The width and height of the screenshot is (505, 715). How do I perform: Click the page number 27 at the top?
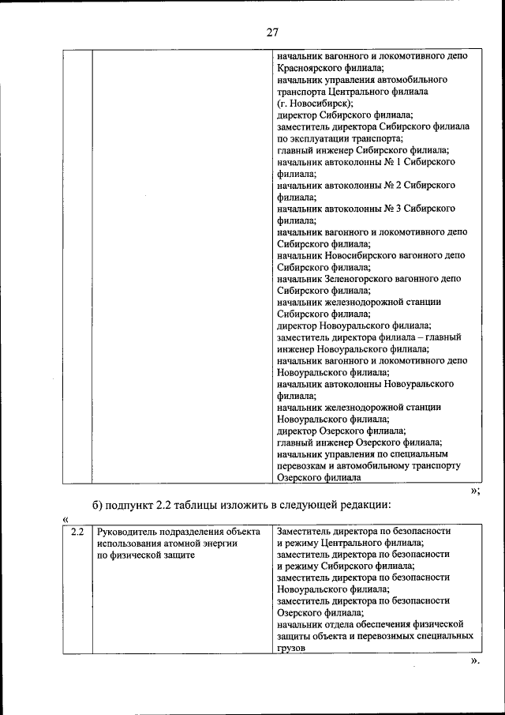[x=272, y=32]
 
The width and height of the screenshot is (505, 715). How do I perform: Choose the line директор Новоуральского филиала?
[x=353, y=325]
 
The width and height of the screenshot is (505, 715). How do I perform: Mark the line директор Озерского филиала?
[x=341, y=431]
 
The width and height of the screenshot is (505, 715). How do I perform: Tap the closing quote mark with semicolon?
[x=475, y=491]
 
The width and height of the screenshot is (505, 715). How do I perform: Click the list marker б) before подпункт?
[x=98, y=505]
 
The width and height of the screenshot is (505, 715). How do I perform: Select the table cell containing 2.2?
[x=77, y=531]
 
